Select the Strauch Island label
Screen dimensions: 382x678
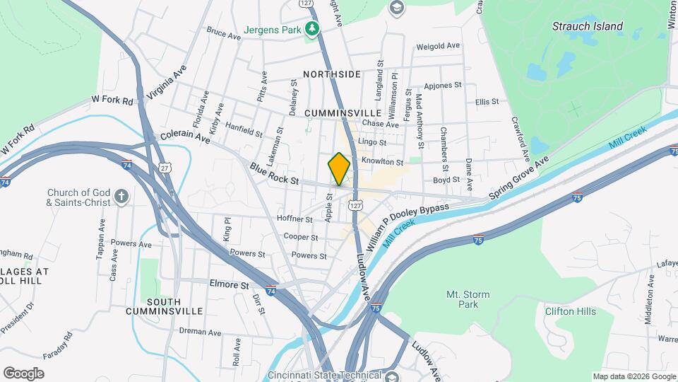[x=588, y=26]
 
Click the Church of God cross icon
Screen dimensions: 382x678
[x=121, y=197]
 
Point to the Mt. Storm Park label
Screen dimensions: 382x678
[x=463, y=299]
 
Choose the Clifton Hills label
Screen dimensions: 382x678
[x=570, y=311]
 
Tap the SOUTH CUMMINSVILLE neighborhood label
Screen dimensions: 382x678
[x=164, y=306]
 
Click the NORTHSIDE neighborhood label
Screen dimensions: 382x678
[x=332, y=74]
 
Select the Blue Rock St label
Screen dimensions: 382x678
[x=274, y=174]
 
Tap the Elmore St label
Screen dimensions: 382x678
[x=230, y=285]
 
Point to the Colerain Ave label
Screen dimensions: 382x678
[x=185, y=137]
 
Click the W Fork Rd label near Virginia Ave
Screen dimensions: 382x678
[x=112, y=101]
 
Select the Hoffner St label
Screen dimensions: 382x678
[x=295, y=220]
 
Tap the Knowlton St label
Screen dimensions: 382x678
[x=381, y=162]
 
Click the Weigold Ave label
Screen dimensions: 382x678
[x=438, y=46]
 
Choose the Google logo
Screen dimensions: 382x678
[x=23, y=374]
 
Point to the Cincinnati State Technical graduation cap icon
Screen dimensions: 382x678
[x=393, y=376]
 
